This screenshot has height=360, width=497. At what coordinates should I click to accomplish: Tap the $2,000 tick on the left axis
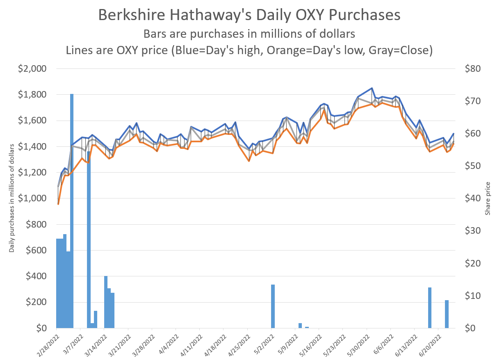[x=32, y=69]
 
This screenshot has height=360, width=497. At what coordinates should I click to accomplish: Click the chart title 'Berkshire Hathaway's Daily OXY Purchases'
[x=249, y=15]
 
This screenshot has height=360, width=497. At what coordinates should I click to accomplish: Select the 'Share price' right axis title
[x=488, y=198]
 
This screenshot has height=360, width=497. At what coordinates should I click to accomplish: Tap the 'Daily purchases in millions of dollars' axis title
[x=12, y=198]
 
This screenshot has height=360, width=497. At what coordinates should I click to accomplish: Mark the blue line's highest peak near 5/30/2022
[x=372, y=88]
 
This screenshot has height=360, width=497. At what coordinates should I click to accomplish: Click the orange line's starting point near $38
[x=58, y=204]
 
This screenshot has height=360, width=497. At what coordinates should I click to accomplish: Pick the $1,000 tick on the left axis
[x=32, y=198]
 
